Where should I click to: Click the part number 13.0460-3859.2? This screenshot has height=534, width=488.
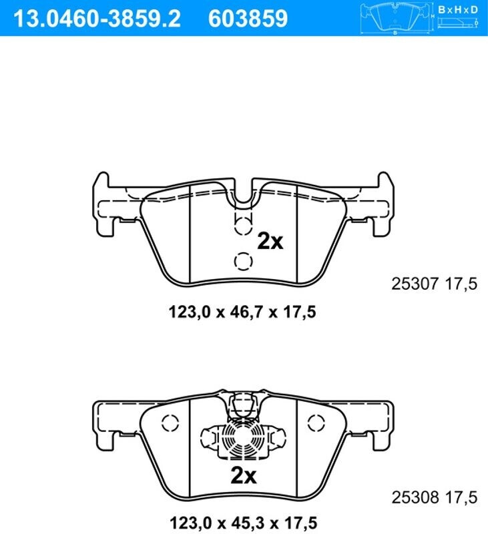tap(97, 19)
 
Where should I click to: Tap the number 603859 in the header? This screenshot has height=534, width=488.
tap(248, 19)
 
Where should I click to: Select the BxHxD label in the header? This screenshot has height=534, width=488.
tap(458, 9)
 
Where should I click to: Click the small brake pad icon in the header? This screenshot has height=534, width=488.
tap(396, 18)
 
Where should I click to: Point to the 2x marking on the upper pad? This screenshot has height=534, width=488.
tap(270, 241)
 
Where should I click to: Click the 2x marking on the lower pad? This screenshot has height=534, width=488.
tap(244, 475)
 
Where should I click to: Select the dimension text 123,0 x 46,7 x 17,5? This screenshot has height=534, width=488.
tap(242, 312)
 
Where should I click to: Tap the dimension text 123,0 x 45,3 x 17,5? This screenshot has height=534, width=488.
tap(243, 523)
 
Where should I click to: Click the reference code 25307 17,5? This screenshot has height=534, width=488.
tap(434, 284)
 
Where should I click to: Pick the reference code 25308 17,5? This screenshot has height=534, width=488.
tap(434, 497)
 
